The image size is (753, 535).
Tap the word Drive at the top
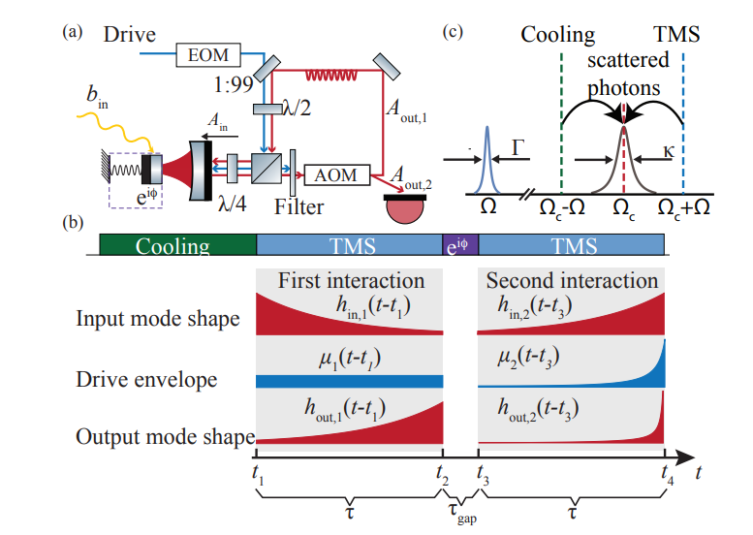tap(130, 36)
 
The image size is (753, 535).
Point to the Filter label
tap(297, 206)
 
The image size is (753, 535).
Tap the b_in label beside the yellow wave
tap(97, 95)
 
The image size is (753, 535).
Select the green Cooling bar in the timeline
tap(177, 245)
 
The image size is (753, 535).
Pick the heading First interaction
tap(351, 281)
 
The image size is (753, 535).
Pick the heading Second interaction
tap(572, 281)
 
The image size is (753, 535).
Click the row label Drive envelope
tap(146, 379)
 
